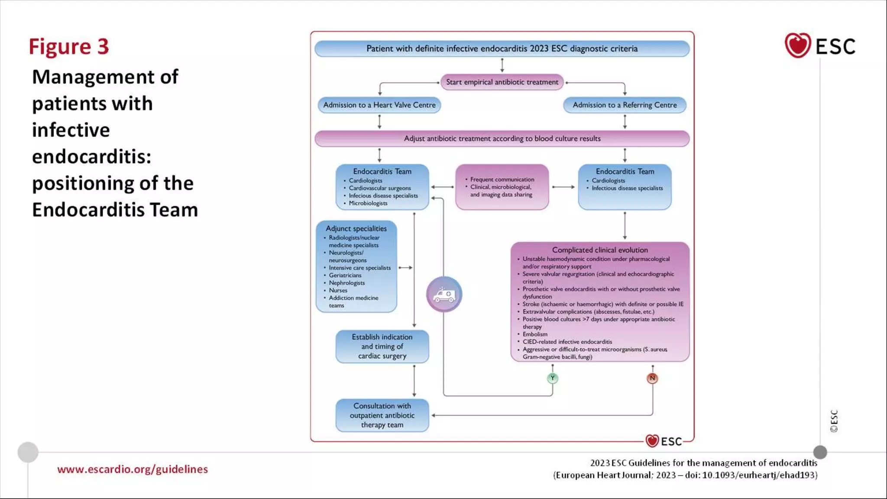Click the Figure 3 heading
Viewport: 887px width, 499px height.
(x=68, y=47)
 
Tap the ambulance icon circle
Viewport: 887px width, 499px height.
(x=444, y=295)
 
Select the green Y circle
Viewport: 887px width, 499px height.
(x=552, y=378)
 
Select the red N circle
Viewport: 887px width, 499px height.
(x=652, y=378)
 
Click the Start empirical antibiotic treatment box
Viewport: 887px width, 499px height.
(x=502, y=82)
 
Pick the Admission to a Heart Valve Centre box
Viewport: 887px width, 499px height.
(x=379, y=105)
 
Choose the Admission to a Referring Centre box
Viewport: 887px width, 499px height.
(x=625, y=105)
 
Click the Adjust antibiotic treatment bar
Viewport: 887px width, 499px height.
(x=502, y=139)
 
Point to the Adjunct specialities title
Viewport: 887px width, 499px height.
(x=356, y=228)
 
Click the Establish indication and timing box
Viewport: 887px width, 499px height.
(x=382, y=346)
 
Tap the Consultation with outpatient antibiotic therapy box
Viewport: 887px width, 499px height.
(x=382, y=415)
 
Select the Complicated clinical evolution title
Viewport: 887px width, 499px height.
(x=600, y=250)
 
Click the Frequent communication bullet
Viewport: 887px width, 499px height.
(x=502, y=179)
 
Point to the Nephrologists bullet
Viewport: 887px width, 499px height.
(x=346, y=283)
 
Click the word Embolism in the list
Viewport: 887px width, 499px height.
(x=535, y=334)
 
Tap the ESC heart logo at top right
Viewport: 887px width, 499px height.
(x=797, y=45)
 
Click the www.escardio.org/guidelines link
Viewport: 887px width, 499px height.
(x=133, y=469)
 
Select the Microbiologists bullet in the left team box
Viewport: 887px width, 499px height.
(x=368, y=203)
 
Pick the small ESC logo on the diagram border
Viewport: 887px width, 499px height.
(x=664, y=441)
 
